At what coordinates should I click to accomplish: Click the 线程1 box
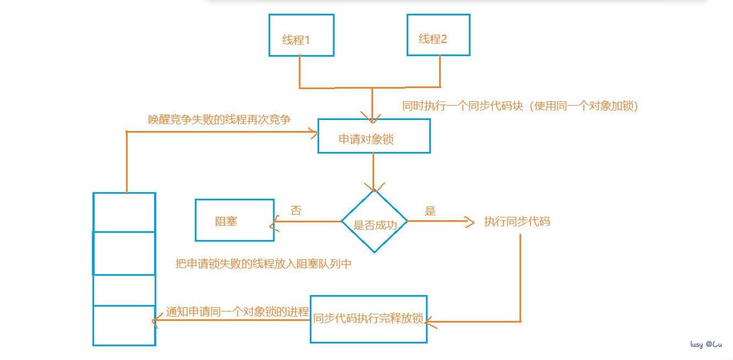click(301, 35)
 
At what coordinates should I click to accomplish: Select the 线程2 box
click(438, 35)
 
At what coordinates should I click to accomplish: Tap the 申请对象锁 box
click(374, 136)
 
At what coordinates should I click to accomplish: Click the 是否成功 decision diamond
click(374, 222)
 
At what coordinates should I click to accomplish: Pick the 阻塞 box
click(234, 221)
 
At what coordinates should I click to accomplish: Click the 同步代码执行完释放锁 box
click(368, 319)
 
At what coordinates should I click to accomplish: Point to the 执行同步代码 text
click(517, 222)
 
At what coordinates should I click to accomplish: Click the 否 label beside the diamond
click(296, 210)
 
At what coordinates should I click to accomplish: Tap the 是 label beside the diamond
click(430, 210)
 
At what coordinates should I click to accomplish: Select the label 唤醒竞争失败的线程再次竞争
click(219, 119)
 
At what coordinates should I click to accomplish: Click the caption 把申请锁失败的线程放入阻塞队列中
click(263, 264)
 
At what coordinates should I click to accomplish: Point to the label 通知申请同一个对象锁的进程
click(237, 311)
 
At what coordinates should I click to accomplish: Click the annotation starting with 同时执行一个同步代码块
click(520, 106)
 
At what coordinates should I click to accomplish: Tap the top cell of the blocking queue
click(124, 212)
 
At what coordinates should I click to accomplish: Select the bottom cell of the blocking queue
click(124, 325)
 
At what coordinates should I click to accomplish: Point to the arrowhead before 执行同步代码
click(469, 222)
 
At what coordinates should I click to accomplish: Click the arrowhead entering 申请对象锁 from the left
click(314, 132)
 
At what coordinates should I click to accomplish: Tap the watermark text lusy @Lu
click(706, 344)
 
